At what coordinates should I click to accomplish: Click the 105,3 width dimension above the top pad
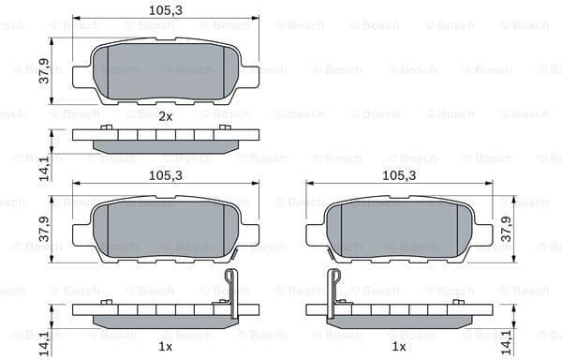tap(165, 10)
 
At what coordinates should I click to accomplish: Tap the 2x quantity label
tap(166, 116)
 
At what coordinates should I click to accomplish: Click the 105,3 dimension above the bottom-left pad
tap(165, 175)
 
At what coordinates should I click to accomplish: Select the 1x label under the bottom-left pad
tap(166, 347)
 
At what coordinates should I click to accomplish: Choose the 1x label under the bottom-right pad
tap(398, 347)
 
